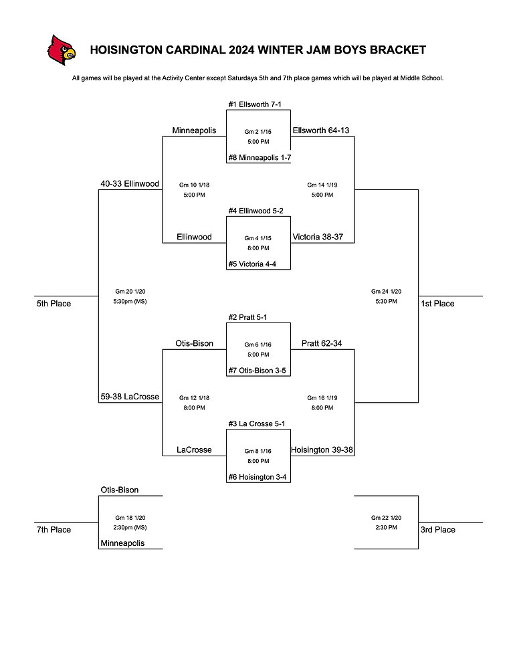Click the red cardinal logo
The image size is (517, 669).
[x=61, y=50]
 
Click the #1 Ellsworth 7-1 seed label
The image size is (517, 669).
[x=258, y=104]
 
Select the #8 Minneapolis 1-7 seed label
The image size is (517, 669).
[x=258, y=157]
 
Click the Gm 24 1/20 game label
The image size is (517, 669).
[x=386, y=291]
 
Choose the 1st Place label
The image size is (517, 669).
[x=437, y=304]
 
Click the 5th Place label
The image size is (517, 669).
[x=54, y=304]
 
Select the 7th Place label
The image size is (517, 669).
[x=54, y=530]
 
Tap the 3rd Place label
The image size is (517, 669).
[x=437, y=530]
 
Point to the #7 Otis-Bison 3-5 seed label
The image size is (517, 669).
[x=258, y=370]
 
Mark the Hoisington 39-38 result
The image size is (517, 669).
[x=322, y=450]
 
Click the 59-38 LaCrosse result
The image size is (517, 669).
[x=130, y=397]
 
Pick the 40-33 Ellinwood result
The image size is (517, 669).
[x=130, y=183]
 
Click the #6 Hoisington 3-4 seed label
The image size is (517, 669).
[x=258, y=477]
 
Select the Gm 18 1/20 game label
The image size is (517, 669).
[x=130, y=517]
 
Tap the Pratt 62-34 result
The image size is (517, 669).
[x=322, y=343]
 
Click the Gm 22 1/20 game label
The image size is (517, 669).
[x=386, y=517]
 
